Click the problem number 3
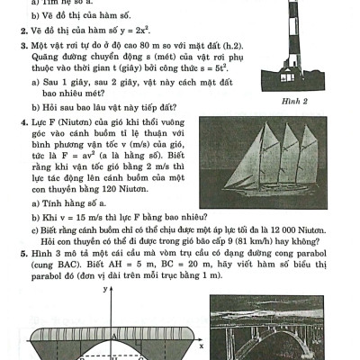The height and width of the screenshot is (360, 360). click(x=19, y=44)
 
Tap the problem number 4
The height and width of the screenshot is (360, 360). click(x=19, y=119)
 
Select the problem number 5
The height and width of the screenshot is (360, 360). click(x=19, y=256)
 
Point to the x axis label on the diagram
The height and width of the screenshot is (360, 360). click(x=202, y=346)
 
